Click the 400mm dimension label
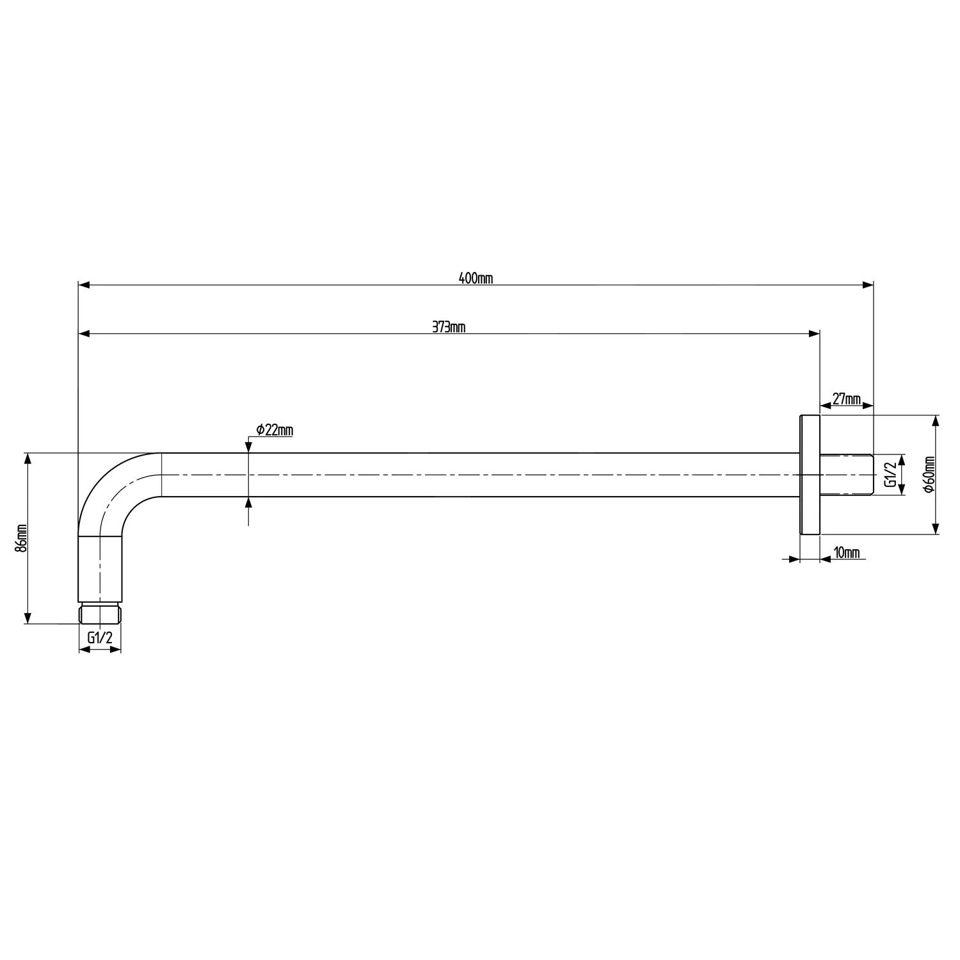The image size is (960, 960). pos(476,278)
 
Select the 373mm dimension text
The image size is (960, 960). pos(449,327)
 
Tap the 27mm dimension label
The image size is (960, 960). pos(846,399)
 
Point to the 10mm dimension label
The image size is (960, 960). pos(847,552)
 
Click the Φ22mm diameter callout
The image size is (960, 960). pos(275,430)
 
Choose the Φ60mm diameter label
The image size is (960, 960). pos(929,474)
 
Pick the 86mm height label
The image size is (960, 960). pos(22,538)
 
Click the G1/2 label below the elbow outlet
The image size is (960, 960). pos(100,637)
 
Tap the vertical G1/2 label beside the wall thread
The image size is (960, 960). pos(890,474)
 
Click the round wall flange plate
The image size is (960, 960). pos(810,474)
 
